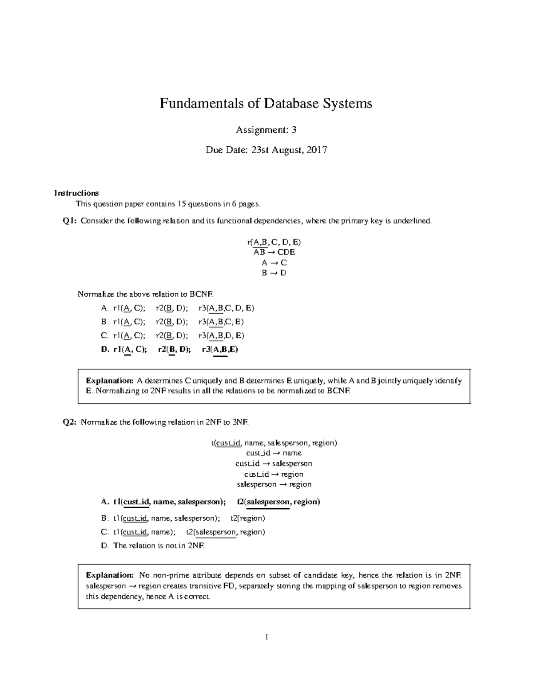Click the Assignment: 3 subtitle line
266,130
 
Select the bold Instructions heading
76,193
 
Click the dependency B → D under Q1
274,273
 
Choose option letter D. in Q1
105,349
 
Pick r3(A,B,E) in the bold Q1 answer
220,349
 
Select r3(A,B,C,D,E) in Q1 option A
226,308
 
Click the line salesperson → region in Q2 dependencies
274,484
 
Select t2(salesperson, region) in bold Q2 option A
278,502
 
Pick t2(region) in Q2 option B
248,518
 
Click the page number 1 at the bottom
266,638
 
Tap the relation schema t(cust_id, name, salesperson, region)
274,443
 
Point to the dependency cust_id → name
274,453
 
